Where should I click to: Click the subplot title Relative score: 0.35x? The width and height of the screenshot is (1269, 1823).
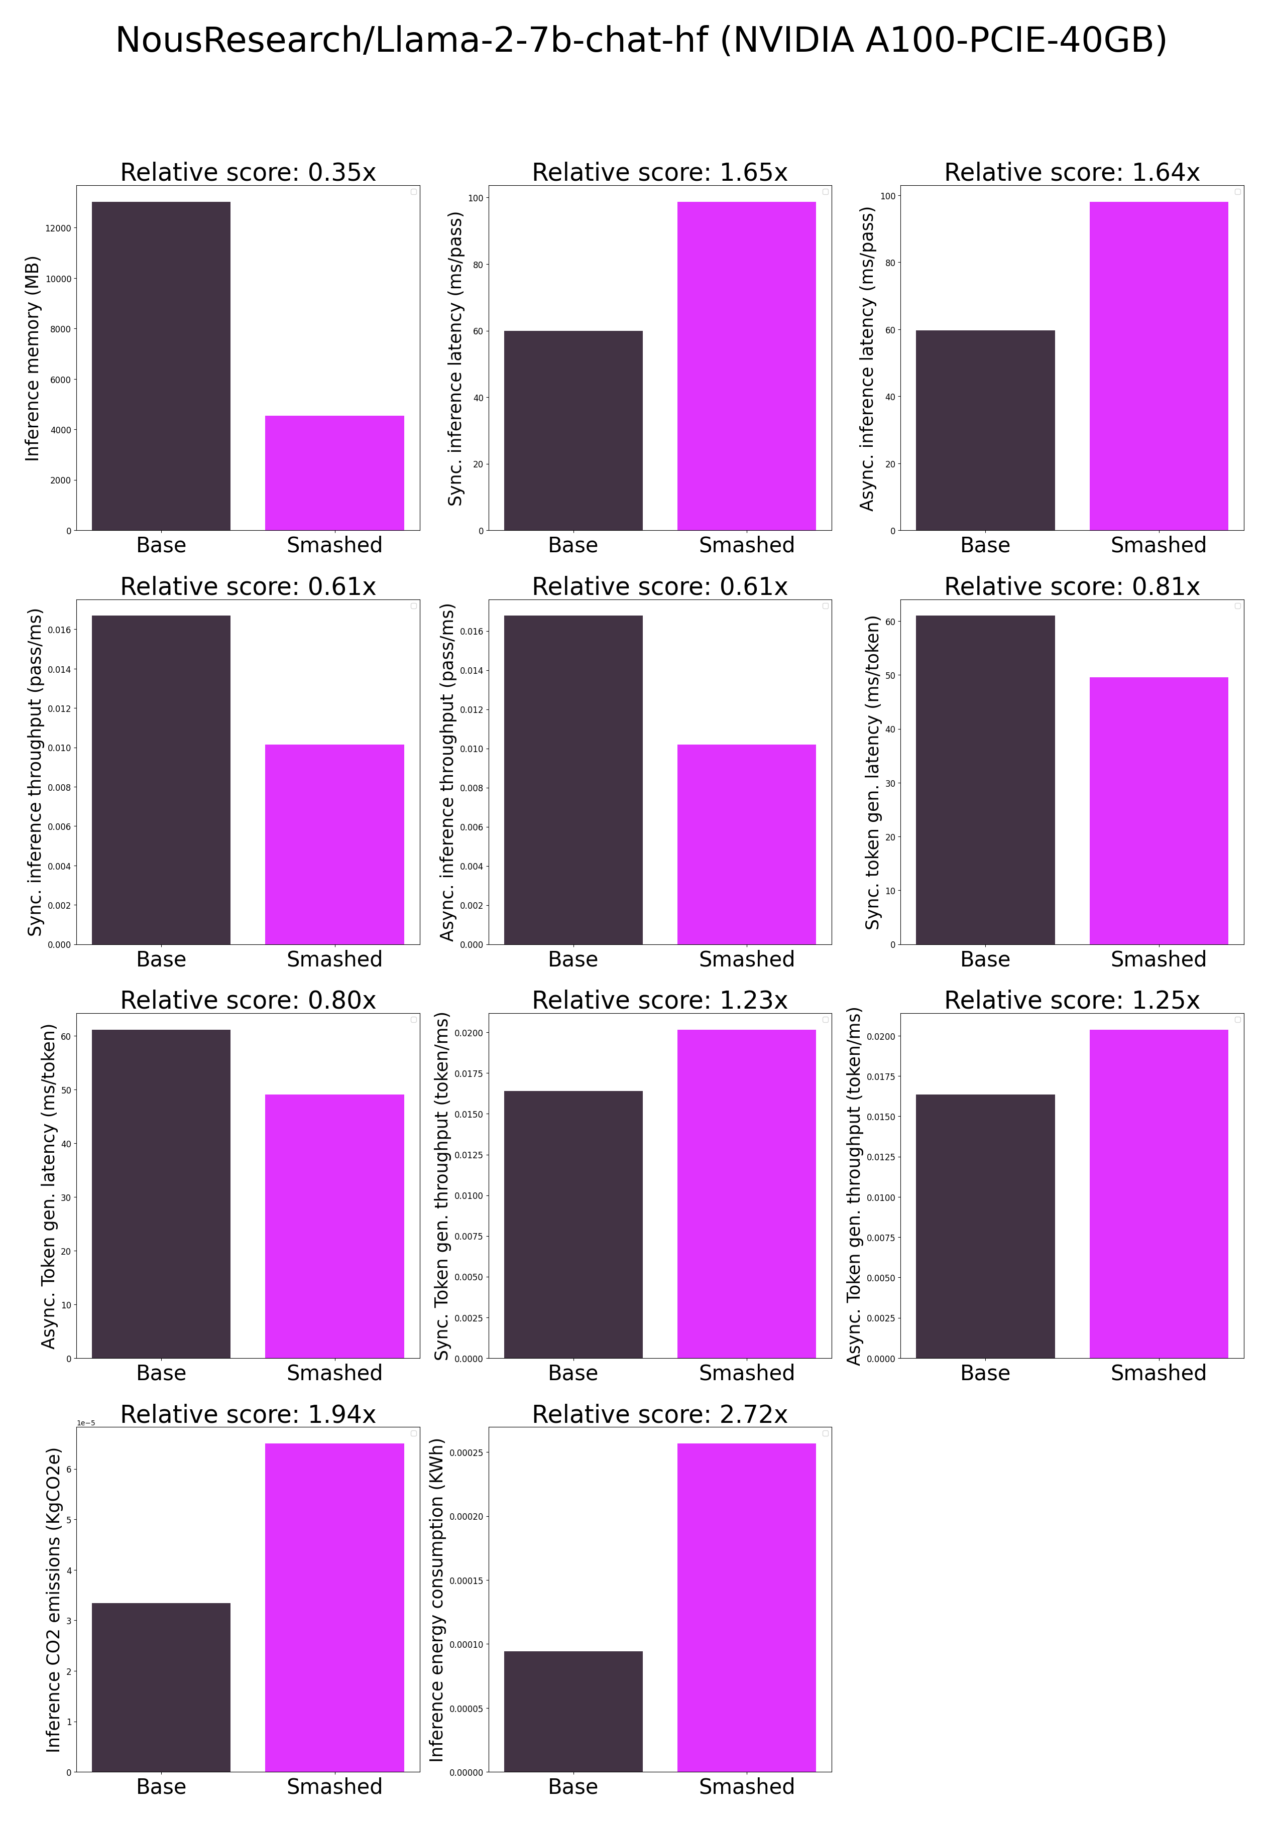(x=248, y=172)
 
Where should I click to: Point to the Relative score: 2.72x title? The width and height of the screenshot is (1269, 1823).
(x=659, y=1414)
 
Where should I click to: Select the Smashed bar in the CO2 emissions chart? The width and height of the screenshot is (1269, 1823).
(x=334, y=1607)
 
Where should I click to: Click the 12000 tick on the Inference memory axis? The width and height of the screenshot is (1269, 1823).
(x=58, y=228)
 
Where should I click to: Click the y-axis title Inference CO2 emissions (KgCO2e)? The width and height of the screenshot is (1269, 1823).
(x=53, y=1600)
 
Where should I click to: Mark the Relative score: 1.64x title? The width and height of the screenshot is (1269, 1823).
(x=1071, y=172)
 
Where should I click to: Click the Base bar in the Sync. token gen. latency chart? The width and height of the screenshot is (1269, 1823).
(x=985, y=780)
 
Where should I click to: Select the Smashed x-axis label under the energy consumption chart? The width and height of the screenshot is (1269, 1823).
(x=746, y=1786)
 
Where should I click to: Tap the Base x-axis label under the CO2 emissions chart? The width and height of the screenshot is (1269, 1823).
(x=161, y=1786)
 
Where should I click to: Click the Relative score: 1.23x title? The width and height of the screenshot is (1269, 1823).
(x=659, y=1001)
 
